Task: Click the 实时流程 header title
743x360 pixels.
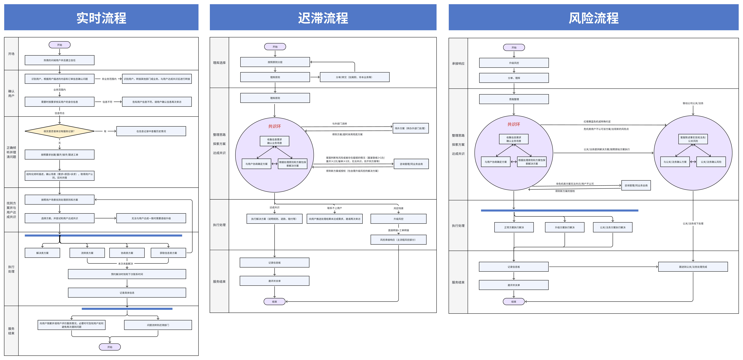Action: click(101, 18)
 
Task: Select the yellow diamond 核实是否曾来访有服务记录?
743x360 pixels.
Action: click(59, 131)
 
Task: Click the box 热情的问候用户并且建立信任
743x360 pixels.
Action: click(59, 60)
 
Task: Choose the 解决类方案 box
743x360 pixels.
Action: click(42, 253)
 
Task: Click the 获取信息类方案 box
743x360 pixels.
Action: click(168, 253)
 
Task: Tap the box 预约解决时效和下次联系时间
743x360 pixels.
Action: click(127, 274)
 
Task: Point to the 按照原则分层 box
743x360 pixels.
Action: click(275, 62)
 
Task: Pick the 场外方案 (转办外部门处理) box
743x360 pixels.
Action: click(410, 128)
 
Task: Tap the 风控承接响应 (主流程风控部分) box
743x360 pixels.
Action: click(398, 240)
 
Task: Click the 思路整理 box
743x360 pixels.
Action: click(514, 99)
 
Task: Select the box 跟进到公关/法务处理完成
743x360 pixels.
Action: click(693, 267)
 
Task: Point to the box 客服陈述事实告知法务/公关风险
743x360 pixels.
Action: click(693, 139)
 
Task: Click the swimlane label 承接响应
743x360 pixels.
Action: click(458, 63)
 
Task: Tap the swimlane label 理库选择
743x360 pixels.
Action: click(219, 63)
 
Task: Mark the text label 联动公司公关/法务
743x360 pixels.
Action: click(693, 103)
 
